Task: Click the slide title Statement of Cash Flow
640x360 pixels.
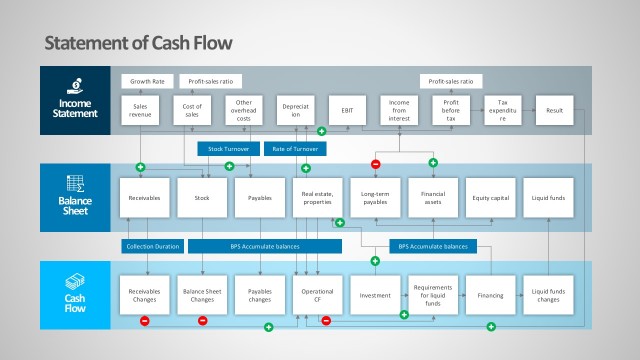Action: point(139,43)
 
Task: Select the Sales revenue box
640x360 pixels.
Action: point(141,111)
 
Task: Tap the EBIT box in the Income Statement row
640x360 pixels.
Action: point(347,111)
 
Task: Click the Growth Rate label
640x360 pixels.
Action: point(147,80)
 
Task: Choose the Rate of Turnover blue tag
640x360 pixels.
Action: point(296,148)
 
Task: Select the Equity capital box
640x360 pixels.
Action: point(491,198)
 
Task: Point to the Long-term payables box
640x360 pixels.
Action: point(376,198)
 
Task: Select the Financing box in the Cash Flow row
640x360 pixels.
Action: point(491,295)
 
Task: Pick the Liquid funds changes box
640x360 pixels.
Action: point(549,295)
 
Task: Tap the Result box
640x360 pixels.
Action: point(555,111)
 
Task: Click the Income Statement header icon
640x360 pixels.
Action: point(76,86)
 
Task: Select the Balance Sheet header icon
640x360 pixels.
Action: point(75,184)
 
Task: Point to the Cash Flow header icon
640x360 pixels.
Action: point(76,281)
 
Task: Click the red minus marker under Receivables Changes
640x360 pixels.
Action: point(144,321)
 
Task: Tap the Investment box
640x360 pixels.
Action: point(376,295)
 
